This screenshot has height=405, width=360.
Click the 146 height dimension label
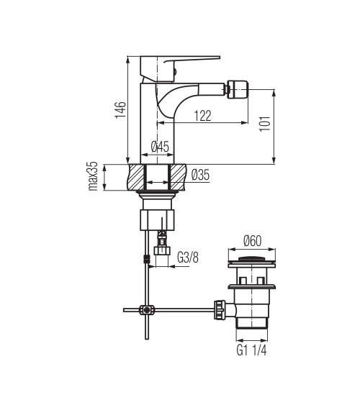coord(121,110)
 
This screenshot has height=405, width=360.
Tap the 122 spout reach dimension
coord(202,116)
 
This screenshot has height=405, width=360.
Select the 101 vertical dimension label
coord(265,124)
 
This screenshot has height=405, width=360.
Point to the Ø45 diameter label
coord(160,147)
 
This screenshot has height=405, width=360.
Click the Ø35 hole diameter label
coord(201,175)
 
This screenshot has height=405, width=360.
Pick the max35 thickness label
coord(93,176)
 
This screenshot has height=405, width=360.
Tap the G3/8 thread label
coord(188,258)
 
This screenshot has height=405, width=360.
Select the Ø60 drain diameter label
coord(252,241)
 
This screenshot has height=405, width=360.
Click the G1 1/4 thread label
coord(251,350)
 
